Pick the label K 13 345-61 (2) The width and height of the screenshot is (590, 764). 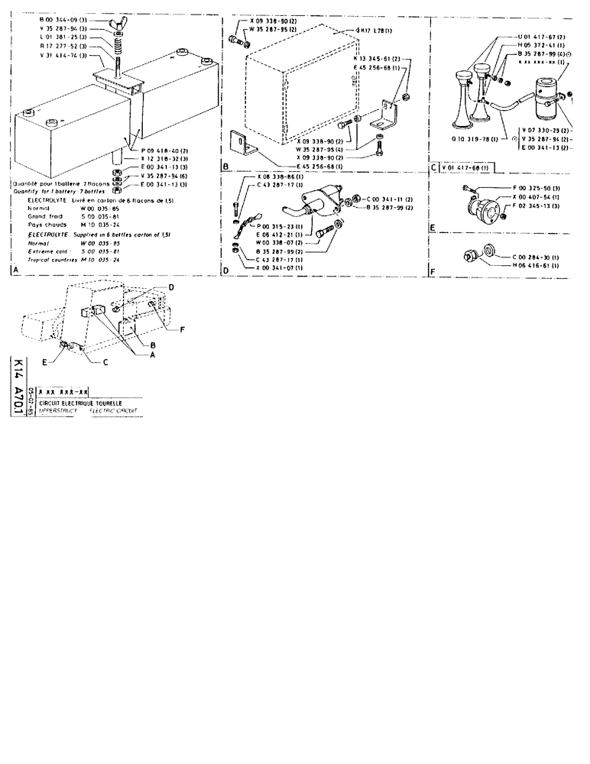point(379,58)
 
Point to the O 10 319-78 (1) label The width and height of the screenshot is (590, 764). point(472,140)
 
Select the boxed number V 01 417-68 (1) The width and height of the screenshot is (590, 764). point(464,167)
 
